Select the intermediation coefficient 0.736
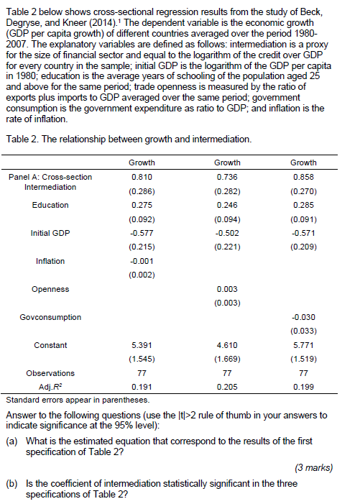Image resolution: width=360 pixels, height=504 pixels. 226,177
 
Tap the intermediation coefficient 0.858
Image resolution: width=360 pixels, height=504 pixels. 303,177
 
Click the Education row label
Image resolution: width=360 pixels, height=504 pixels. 50,205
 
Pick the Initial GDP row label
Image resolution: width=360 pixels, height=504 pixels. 50,233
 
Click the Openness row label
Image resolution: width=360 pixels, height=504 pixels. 50,289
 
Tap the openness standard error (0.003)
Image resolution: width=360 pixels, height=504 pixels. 226,303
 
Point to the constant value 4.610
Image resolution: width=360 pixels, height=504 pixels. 226,345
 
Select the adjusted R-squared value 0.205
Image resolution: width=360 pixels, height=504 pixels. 226,387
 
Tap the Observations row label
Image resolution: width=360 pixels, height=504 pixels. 50,373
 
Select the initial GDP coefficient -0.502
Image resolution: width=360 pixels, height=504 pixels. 226,233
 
